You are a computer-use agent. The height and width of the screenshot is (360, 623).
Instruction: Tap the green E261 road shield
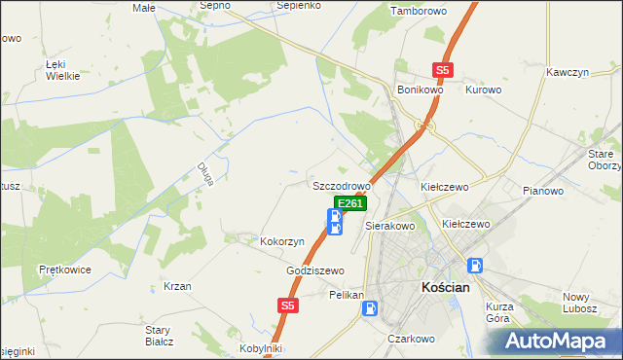point(350,203)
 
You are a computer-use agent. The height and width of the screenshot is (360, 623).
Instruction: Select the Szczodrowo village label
point(342,185)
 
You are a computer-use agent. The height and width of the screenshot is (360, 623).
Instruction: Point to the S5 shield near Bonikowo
point(444,70)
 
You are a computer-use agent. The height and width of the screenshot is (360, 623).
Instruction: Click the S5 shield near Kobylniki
point(286,306)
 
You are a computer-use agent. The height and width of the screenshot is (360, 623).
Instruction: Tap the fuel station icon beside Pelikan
point(371,308)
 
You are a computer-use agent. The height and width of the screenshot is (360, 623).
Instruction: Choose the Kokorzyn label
point(282,240)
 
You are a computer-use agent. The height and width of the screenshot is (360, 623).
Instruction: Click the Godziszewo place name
point(315,270)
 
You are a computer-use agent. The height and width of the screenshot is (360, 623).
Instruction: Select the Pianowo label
point(543,191)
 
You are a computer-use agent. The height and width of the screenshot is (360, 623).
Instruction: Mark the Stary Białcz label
point(158,336)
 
